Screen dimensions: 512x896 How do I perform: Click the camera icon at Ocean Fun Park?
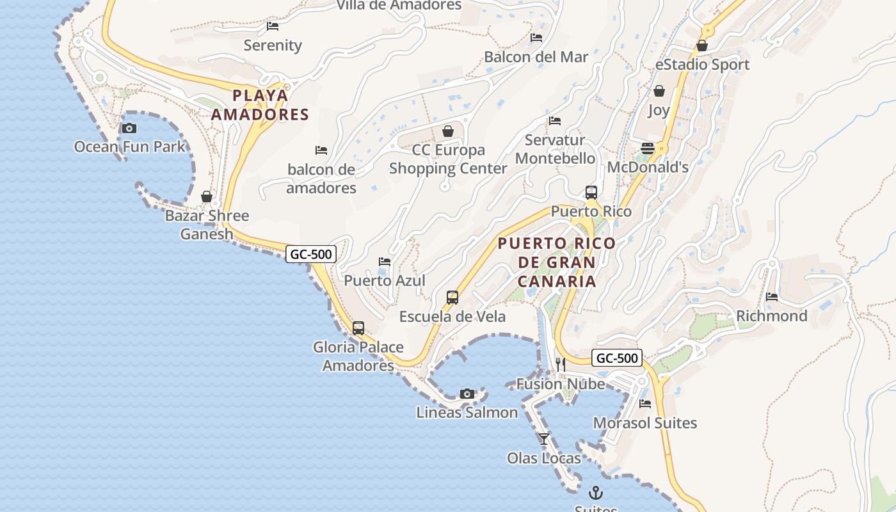point(129,128)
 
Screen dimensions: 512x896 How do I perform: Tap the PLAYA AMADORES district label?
point(260,105)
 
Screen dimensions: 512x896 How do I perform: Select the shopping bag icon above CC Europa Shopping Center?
point(448,131)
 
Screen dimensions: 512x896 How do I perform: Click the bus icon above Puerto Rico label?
point(591,192)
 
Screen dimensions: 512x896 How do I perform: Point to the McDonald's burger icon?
point(648,148)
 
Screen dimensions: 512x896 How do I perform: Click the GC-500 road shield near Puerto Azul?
point(311,254)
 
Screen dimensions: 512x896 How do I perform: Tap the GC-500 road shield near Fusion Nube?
point(616,358)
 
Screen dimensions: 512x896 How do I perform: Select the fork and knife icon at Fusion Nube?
point(560,365)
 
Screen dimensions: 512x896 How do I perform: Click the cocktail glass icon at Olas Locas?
point(544,439)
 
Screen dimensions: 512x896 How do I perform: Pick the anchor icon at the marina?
point(596,493)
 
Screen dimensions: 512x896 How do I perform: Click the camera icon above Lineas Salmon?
point(467,394)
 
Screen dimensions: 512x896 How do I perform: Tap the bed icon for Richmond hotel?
point(772,297)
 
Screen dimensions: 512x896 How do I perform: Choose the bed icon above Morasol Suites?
point(645,404)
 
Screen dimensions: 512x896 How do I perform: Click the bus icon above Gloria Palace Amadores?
point(358,328)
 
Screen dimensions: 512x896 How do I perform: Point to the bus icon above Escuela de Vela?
point(452,298)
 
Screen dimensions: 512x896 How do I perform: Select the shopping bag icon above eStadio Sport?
point(702,45)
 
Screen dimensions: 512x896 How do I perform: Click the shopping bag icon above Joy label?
point(659,91)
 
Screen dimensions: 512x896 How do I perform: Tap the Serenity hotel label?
point(273,45)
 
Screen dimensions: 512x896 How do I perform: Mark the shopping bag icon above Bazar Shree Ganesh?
point(207,196)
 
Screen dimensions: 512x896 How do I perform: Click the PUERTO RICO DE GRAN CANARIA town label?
point(557,262)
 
